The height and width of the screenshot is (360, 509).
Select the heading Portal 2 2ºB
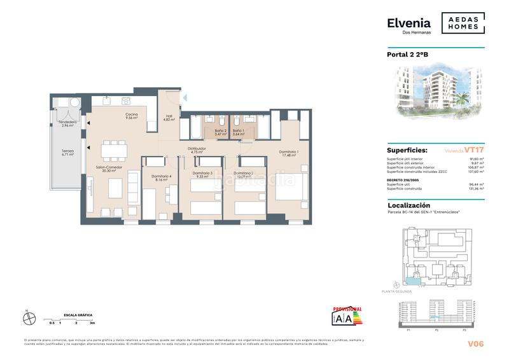pos(408,55)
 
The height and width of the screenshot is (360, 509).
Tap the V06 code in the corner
pos(475,343)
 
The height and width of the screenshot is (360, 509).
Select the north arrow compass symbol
pos(27,319)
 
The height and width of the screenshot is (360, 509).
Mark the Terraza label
pos(67,152)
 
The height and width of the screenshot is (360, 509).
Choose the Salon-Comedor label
pos(109,169)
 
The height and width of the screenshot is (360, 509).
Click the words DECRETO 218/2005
pos(403,180)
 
